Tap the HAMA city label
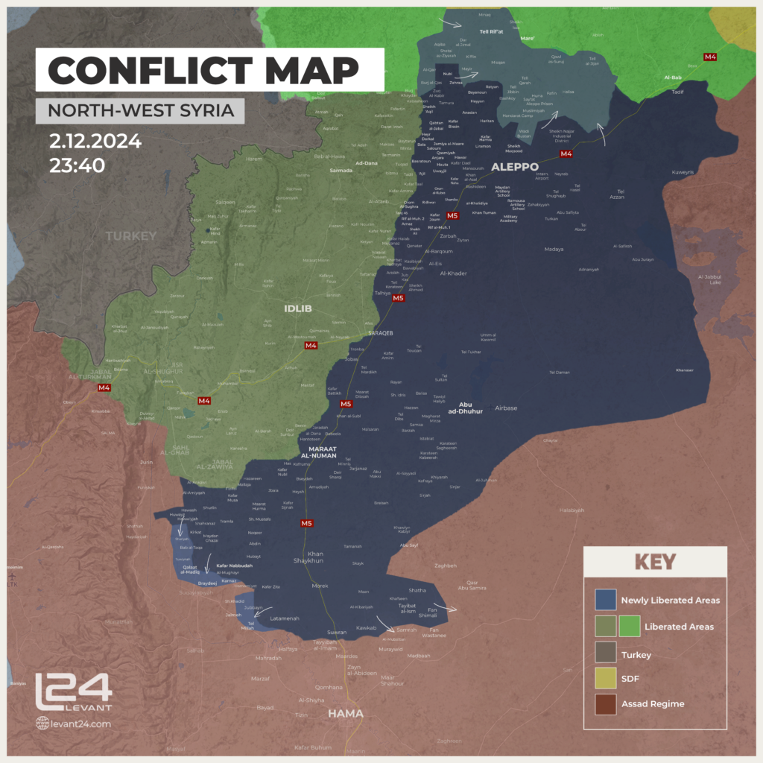pyautogui.click(x=346, y=713)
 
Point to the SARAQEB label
pyautogui.click(x=380, y=333)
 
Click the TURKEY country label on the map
pyautogui.click(x=131, y=236)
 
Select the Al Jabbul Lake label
pyautogui.click(x=709, y=279)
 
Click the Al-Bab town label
pyautogui.click(x=671, y=77)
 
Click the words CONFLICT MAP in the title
pyautogui.click(x=203, y=71)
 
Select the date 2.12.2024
pyautogui.click(x=95, y=142)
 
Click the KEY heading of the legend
pyautogui.click(x=655, y=561)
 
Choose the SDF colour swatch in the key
pyautogui.click(x=606, y=679)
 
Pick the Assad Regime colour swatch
pyautogui.click(x=606, y=703)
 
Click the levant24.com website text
pyautogui.click(x=80, y=723)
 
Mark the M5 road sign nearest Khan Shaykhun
pyautogui.click(x=306, y=524)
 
